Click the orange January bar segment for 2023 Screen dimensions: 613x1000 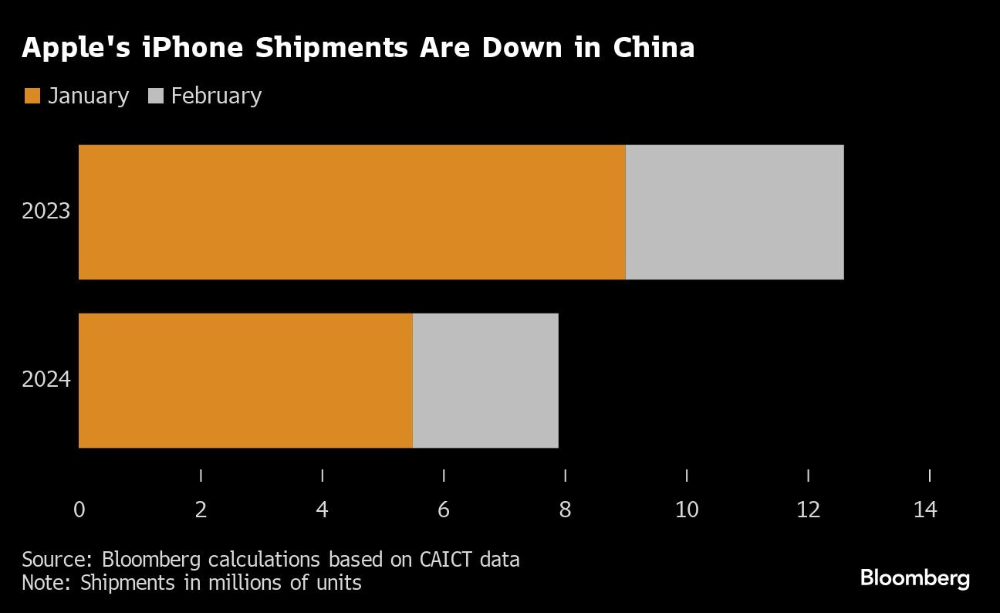coord(352,212)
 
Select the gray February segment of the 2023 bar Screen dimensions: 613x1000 coord(734,212)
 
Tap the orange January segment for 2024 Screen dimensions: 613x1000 coord(245,380)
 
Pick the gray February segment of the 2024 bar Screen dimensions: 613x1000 coord(485,380)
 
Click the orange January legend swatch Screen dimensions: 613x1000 coord(32,97)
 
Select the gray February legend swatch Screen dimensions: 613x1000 coord(155,97)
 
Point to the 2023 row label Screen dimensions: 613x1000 coord(46,212)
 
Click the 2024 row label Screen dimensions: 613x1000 coord(46,380)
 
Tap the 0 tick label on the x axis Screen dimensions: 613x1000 coord(79,510)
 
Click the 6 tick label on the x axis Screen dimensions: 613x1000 coord(444,510)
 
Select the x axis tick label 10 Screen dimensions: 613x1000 coord(686,510)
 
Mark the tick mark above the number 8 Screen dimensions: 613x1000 coord(566,475)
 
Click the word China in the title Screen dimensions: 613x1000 coord(654,49)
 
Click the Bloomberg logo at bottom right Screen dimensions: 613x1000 coord(914,577)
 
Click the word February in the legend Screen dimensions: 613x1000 coord(216,97)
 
